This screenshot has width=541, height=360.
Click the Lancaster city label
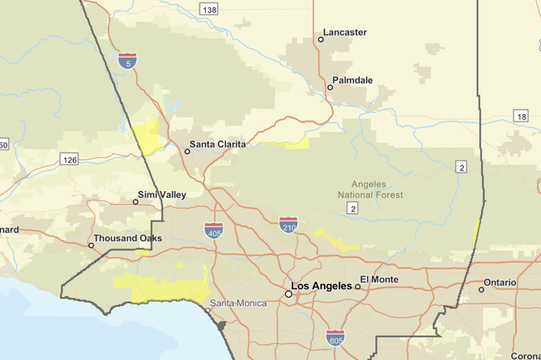point(345,32)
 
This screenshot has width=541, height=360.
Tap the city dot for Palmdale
point(330,87)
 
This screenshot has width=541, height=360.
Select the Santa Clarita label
point(218,144)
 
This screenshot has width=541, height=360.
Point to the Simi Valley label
point(162,194)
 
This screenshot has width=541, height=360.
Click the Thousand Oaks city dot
point(91,245)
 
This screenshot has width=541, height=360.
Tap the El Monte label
point(379,280)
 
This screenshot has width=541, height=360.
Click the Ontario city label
point(499,283)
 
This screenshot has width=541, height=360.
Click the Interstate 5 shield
point(128,61)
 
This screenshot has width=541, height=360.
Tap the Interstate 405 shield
point(214,230)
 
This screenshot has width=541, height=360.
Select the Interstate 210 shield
point(288,225)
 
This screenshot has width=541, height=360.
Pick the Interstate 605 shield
point(335,337)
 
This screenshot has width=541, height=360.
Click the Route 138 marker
point(209,9)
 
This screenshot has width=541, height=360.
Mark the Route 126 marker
point(68,159)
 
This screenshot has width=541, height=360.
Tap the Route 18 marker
point(521,116)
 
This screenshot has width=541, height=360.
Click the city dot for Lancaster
point(321,39)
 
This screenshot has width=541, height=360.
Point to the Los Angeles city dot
point(288,294)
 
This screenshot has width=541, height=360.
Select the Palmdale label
point(353,80)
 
